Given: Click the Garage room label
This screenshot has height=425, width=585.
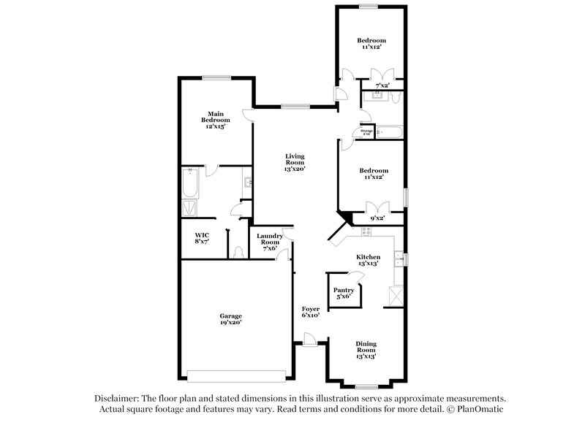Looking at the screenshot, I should click(231, 318).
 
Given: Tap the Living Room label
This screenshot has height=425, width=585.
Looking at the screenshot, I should click(295, 162).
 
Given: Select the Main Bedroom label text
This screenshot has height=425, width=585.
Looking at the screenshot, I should click(215, 120).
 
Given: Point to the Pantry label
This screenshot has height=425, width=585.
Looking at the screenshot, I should click(344, 292).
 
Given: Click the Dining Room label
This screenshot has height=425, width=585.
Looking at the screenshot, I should click(366, 350).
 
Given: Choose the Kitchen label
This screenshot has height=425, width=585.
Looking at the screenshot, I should click(368, 260).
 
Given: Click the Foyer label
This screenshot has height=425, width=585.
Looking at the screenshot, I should click(311, 312).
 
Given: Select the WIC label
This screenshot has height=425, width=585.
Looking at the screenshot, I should click(202, 237).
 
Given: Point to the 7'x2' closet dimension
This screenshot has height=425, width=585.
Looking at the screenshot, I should click(382, 85).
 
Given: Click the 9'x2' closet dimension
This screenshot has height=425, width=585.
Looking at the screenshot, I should click(377, 218).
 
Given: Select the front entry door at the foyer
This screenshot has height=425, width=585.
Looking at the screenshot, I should click(310, 340).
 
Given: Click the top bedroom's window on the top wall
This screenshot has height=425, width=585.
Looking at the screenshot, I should click(368, 7).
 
